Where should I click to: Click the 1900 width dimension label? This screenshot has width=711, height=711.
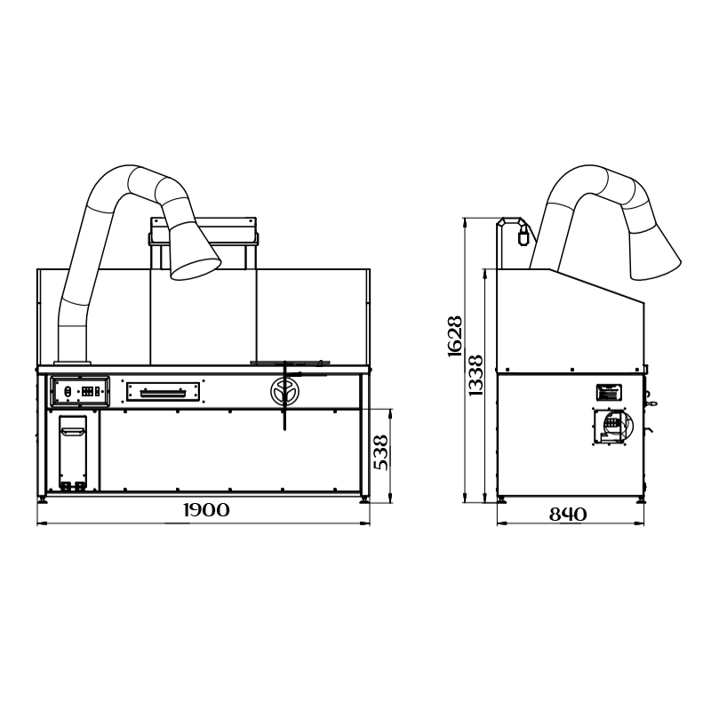[x=207, y=510]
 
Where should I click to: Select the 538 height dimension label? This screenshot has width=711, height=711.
[x=380, y=452]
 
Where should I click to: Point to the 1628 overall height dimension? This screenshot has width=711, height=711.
[x=455, y=336]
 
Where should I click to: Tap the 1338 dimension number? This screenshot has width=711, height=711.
[x=475, y=375]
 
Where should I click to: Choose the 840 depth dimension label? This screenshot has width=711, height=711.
[x=568, y=515]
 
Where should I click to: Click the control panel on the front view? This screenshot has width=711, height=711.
[x=80, y=391]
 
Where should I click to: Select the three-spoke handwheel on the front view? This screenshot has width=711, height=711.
[x=284, y=392]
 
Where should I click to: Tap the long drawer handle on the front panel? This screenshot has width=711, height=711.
[x=163, y=393]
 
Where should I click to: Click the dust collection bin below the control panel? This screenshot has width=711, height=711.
[x=73, y=453]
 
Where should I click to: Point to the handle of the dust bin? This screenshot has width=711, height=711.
[x=73, y=431]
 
